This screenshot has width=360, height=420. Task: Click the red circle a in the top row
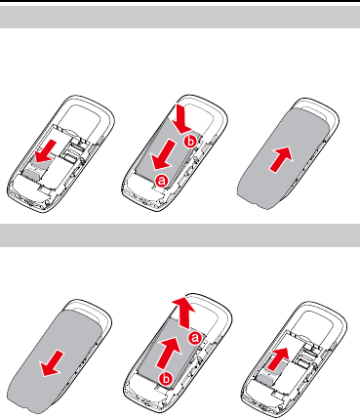(x=162, y=181)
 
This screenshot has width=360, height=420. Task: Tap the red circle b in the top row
(x=190, y=141)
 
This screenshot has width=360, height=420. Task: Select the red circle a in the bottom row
(x=195, y=338)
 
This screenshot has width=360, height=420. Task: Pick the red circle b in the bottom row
(x=166, y=378)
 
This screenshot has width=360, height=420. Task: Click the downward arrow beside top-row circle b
(x=182, y=118)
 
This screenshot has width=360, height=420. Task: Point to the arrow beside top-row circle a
(x=164, y=154)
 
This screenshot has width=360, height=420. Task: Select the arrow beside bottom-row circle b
(x=169, y=353)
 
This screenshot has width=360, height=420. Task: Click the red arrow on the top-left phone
(x=46, y=151)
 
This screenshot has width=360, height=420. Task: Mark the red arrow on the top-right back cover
(x=281, y=159)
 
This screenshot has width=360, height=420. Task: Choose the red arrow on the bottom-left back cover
(x=52, y=363)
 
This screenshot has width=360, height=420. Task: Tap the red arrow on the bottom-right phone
(x=278, y=358)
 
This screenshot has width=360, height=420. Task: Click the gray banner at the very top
(x=180, y=17)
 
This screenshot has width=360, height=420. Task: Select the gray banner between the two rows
(x=180, y=235)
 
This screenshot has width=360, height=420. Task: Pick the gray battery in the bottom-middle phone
(x=171, y=354)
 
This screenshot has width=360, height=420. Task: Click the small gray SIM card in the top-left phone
(x=36, y=169)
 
